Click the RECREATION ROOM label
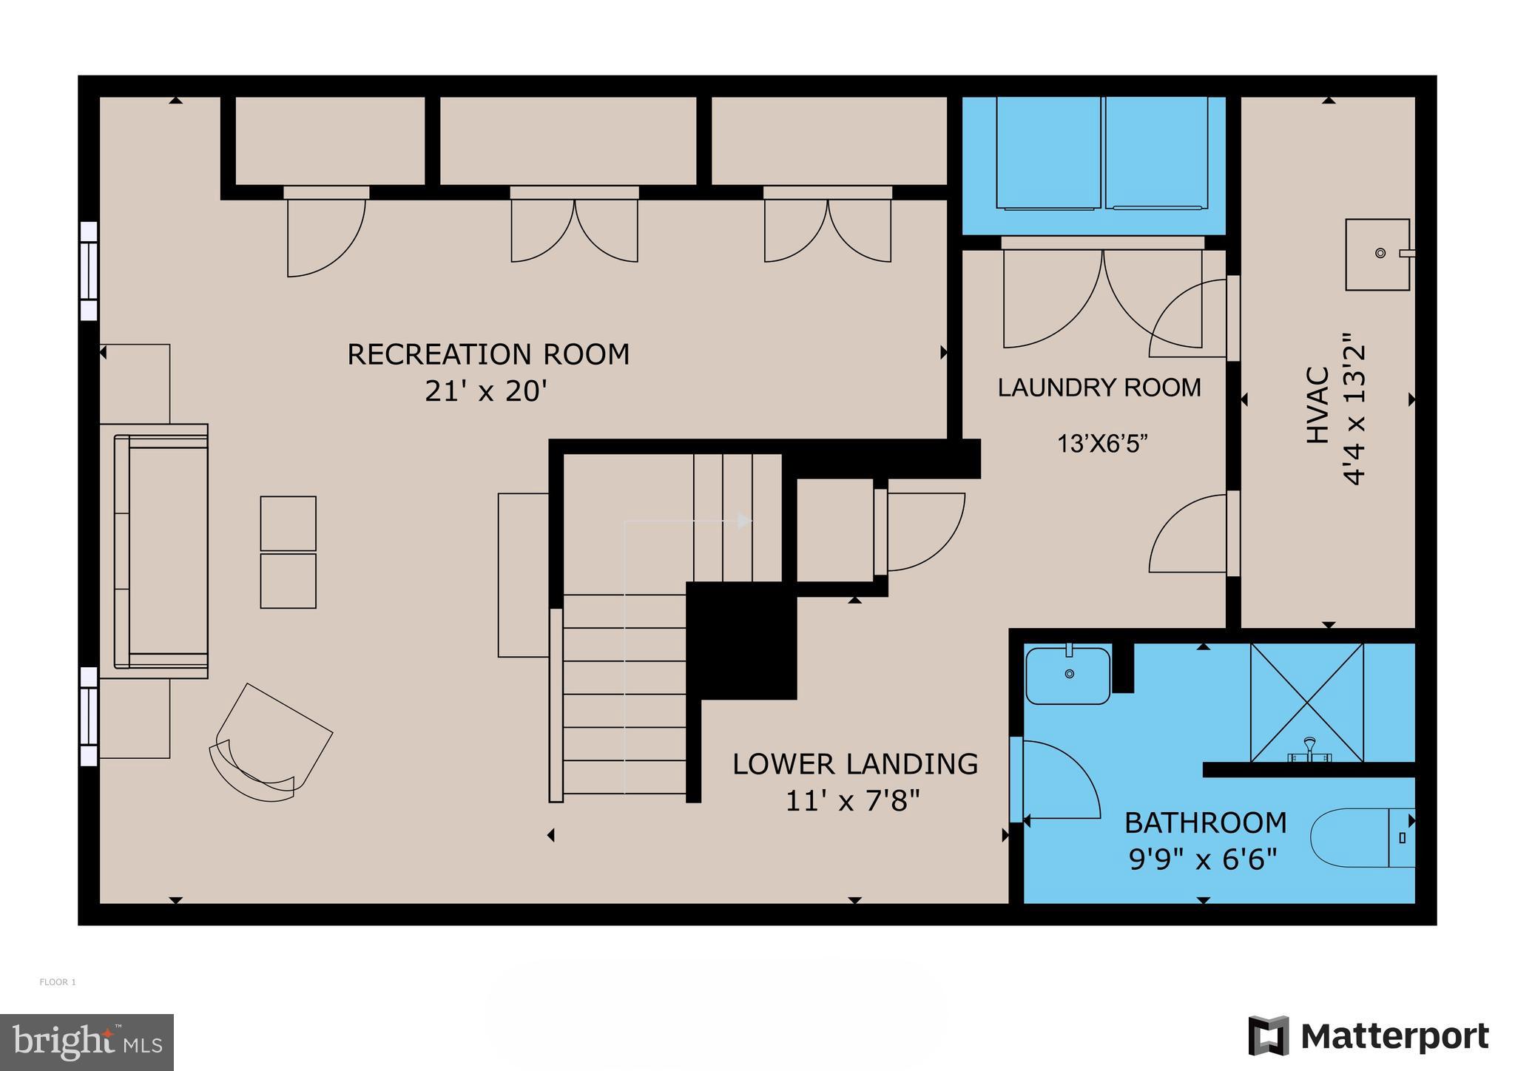[488, 354]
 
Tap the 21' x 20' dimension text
[485, 391]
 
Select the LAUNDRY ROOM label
[1099, 388]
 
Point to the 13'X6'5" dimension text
[1102, 444]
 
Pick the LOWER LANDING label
[855, 764]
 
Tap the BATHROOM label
[1206, 822]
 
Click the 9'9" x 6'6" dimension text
[1204, 859]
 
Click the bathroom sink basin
[1068, 675]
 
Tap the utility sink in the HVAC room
[1377, 254]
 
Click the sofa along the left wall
[160, 550]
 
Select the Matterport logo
[1369, 1036]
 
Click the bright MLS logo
[87, 1042]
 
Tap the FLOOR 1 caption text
[58, 982]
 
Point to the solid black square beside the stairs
[741, 640]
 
